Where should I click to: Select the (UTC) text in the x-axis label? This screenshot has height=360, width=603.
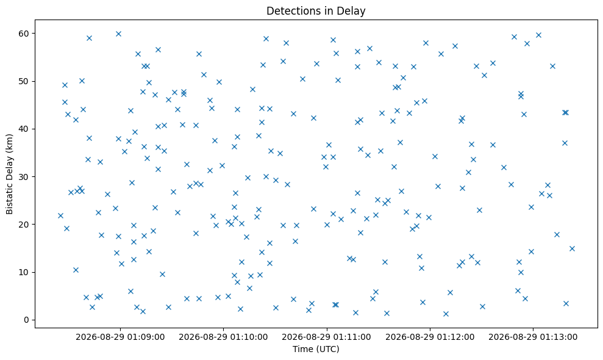pos(327,349)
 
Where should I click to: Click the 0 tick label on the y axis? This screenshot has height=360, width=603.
pos(26,320)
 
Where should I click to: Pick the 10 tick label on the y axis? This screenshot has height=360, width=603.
pos(24,272)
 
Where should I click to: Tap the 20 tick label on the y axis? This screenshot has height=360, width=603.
pos(24,225)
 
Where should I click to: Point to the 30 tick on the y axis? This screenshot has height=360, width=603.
pos(24,177)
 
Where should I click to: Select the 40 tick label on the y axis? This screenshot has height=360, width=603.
pos(24,129)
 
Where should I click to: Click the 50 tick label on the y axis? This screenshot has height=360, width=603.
pos(24,81)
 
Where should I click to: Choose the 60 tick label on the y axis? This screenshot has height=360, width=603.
pos(24,34)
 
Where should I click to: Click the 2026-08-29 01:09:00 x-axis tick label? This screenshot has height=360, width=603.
pos(120,337)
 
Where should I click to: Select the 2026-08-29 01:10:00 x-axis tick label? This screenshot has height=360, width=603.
pos(223,337)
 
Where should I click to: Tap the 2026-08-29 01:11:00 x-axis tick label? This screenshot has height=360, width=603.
pos(326,337)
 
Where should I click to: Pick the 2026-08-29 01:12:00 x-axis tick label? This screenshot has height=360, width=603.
pos(430,337)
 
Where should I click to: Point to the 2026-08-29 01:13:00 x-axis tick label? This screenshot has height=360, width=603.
pos(533,337)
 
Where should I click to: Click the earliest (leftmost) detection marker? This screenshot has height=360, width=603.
pos(60,215)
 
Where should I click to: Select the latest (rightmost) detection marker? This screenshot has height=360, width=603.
pos(572,248)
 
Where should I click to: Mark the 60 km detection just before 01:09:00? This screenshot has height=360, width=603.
pos(118,34)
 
